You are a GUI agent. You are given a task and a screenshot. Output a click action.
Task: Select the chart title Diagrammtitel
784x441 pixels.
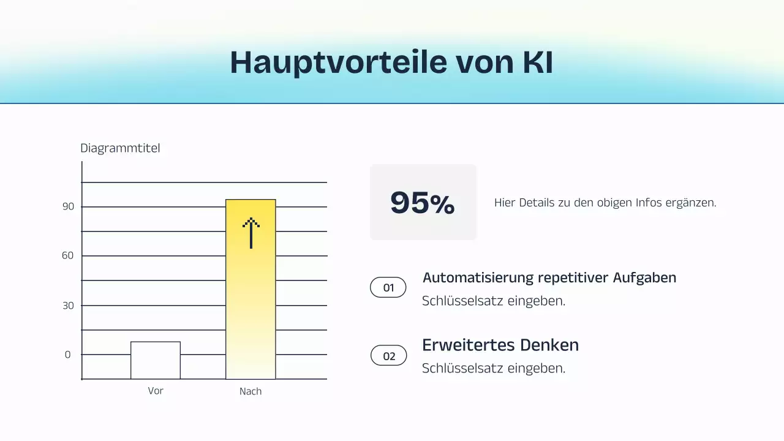click(120, 148)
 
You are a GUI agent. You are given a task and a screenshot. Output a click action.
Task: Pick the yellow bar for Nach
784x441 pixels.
click(251, 306)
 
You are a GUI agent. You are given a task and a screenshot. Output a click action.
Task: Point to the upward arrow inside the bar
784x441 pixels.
click(251, 233)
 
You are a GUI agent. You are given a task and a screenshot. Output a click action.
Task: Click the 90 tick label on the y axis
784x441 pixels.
click(68, 207)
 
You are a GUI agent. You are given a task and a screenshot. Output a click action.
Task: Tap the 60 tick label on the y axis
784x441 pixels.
click(68, 255)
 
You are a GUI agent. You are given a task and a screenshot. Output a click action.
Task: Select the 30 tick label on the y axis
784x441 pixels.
click(68, 306)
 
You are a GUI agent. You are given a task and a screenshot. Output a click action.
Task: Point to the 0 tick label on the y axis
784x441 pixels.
click(68, 355)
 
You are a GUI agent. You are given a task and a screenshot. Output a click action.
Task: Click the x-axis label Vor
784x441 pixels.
click(156, 391)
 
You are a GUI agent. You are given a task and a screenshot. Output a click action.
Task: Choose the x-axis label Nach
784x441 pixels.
click(251, 391)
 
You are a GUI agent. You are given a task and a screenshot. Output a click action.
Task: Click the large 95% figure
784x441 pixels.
click(423, 203)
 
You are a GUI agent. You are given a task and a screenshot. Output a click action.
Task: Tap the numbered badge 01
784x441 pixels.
click(388, 287)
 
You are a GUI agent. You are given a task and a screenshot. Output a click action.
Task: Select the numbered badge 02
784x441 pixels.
click(389, 356)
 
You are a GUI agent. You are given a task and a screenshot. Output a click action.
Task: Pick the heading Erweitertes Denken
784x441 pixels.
click(500, 345)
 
